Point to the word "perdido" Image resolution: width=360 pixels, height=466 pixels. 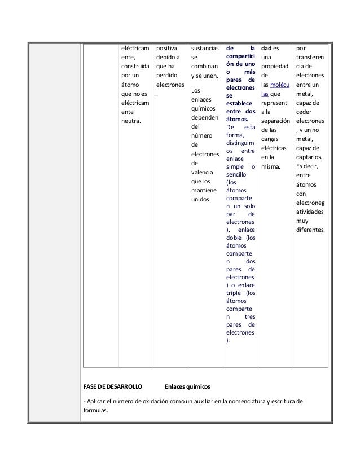(166, 75)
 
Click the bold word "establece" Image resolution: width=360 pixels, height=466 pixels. (240, 103)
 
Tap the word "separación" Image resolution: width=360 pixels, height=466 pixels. (275, 121)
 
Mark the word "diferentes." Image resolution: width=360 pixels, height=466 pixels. (310, 230)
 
